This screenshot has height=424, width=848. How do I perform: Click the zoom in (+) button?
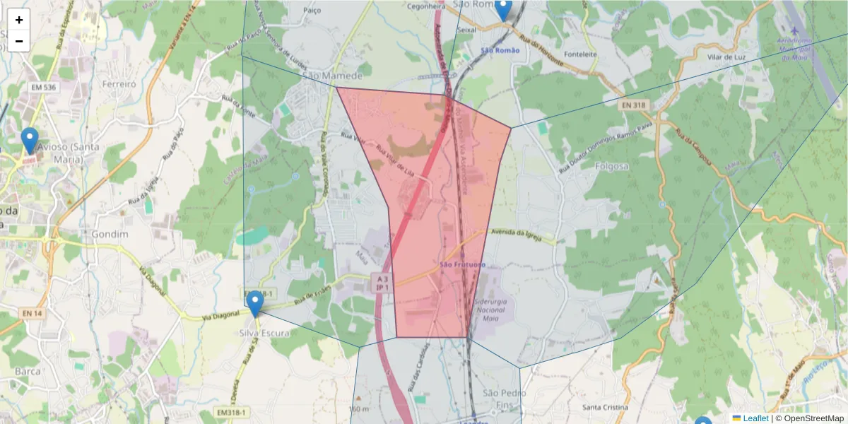tap(19, 20)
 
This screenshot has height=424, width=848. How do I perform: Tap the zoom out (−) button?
tap(19, 41)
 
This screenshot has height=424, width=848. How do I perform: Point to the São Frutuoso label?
tap(463, 264)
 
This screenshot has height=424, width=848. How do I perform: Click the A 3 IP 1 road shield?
tap(382, 283)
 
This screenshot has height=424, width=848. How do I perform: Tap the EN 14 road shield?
tap(33, 313)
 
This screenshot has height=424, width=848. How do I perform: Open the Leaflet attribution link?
tap(755, 418)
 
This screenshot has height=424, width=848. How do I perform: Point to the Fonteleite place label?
tap(582, 54)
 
